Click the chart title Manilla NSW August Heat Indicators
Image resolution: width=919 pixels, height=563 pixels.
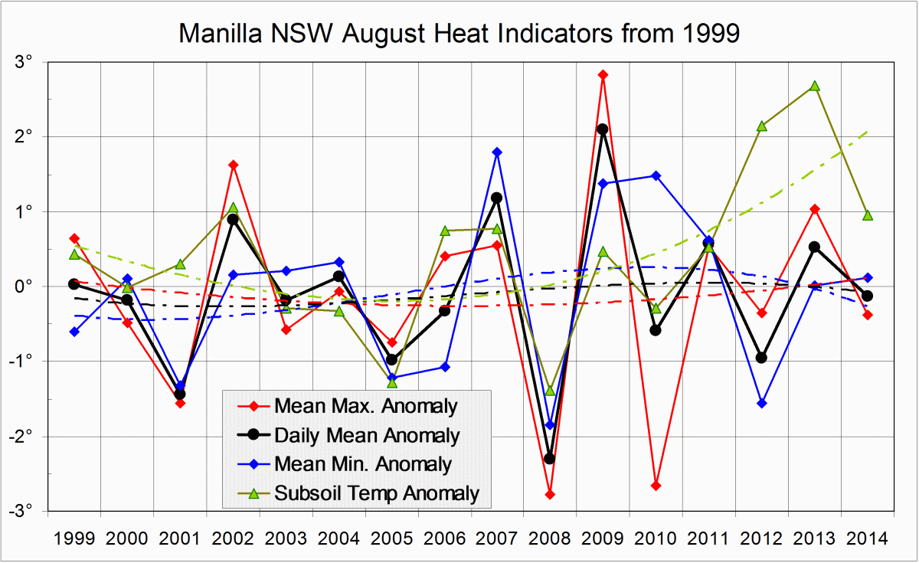(459, 33)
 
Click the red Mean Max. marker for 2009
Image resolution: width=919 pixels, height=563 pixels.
(603, 74)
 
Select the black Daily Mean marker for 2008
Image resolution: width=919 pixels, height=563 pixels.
(550, 458)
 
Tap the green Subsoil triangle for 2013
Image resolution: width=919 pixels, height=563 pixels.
(815, 86)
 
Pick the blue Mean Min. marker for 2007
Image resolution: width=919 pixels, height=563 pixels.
(497, 152)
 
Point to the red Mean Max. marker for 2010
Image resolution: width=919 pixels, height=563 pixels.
(656, 485)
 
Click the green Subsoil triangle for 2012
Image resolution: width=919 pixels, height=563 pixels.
(762, 126)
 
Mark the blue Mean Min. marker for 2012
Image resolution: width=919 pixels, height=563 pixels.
(762, 403)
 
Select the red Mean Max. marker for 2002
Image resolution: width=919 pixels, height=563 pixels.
(233, 165)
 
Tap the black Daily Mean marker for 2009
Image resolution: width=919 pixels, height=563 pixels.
(603, 129)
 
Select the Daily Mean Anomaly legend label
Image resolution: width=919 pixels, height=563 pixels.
(366, 435)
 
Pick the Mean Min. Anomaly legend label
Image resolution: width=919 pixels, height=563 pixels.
(362, 464)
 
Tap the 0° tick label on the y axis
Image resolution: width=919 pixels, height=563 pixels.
(31, 286)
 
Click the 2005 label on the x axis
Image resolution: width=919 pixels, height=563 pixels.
(391, 538)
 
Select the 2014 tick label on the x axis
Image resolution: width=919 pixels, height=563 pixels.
(867, 538)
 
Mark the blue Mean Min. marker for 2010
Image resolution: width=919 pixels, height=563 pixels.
(656, 175)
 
